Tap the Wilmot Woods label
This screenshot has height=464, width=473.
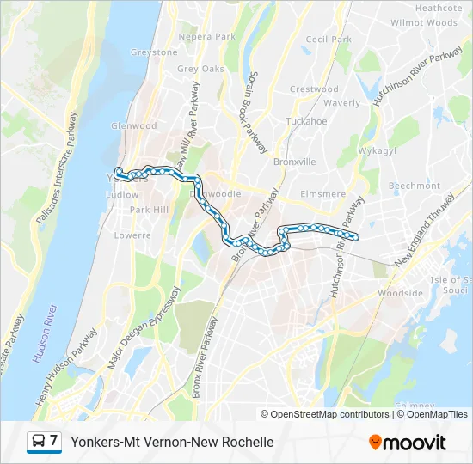tap(424, 23)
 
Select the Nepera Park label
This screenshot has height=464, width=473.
tap(206, 37)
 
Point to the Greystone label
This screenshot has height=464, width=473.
tap(154, 52)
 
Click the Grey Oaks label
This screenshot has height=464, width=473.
tap(200, 69)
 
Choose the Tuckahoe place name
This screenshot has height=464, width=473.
tap(306, 121)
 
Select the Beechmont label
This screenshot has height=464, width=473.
tap(415, 186)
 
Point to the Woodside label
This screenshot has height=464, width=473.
tap(400, 293)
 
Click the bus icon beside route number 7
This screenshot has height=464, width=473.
tap(40, 442)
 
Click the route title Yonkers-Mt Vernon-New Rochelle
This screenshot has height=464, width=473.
tap(172, 442)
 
